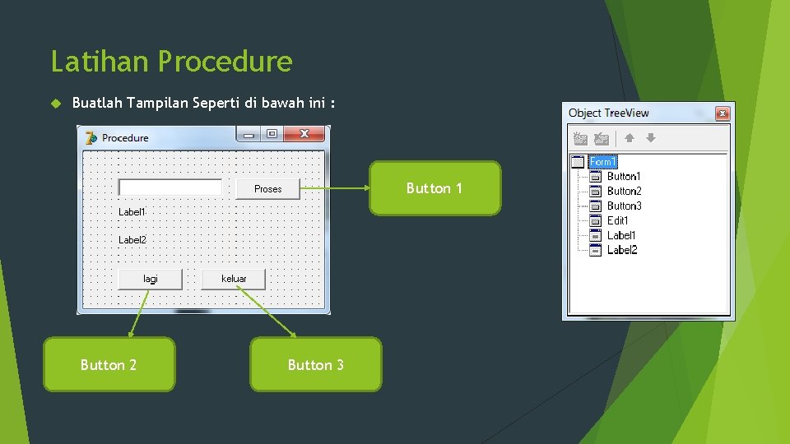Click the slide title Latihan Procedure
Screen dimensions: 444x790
point(171,62)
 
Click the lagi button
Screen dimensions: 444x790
point(151,279)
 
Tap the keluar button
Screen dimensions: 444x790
point(234,279)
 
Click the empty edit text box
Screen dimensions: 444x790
point(170,187)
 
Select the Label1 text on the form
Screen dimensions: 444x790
point(132,212)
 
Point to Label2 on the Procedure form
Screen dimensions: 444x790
point(132,240)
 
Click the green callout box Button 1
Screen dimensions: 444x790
point(434,188)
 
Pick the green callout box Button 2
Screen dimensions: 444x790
point(109,364)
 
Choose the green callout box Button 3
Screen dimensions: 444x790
point(316,364)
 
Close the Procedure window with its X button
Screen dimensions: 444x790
point(304,134)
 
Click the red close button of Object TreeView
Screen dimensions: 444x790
point(722,113)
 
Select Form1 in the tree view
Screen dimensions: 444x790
point(602,162)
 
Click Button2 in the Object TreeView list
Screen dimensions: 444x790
point(624,192)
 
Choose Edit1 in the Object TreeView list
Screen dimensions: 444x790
point(618,220)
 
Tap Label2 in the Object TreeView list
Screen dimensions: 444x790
point(622,250)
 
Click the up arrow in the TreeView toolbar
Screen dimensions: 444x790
point(629,139)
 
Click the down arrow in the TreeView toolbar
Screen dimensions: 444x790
point(650,139)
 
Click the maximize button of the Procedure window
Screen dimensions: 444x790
point(272,134)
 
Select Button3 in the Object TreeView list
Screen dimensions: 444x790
point(624,206)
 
